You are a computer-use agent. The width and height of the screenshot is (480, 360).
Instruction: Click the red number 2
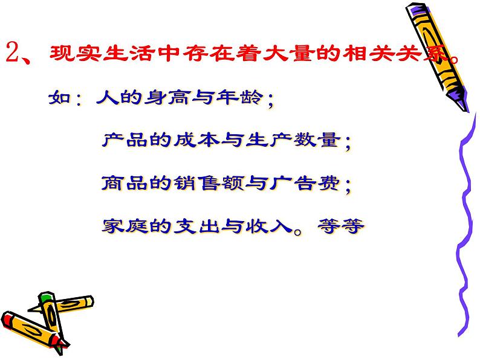coord(15,58)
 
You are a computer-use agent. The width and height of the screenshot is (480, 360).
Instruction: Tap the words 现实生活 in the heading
coord(102,58)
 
